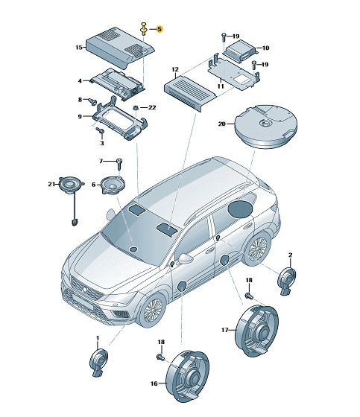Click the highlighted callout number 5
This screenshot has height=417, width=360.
click(160, 29)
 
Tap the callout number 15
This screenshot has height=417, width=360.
click(79, 48)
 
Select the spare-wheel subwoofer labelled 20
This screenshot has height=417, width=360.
click(265, 126)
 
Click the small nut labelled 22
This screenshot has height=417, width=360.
click(135, 108)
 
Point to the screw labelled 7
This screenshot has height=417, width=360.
click(119, 164)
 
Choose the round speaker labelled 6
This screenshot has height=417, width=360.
click(113, 185)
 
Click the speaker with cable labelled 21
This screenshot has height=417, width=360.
click(71, 186)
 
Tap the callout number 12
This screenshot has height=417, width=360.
click(175, 69)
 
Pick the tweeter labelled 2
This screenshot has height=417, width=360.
click(287, 281)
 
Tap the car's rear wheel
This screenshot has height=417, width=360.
click(256, 249)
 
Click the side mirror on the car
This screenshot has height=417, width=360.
click(186, 258)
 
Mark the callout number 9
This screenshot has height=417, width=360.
click(80, 117)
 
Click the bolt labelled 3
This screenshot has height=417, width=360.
click(101, 130)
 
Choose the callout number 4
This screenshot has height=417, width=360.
click(80, 81)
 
